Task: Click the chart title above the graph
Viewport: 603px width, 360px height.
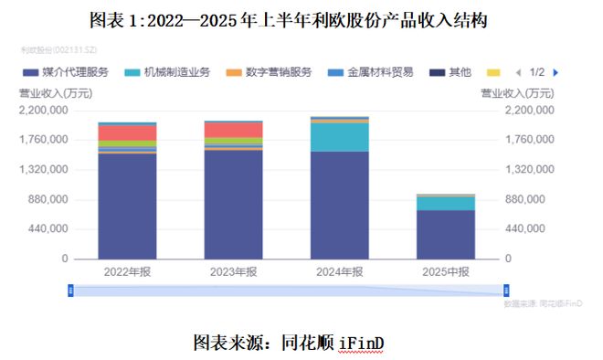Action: pos(301,20)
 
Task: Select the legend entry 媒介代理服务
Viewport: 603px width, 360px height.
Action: pos(72,71)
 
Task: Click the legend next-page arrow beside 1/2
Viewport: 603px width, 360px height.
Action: pos(555,71)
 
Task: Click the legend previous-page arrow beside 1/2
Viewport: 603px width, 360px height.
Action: pos(518,71)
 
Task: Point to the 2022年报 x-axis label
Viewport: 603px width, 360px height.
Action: pos(127,271)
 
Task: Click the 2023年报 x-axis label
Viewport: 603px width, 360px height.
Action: pos(233,271)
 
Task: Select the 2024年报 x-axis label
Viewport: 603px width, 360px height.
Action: pos(340,271)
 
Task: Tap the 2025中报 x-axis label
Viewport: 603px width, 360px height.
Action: pos(446,271)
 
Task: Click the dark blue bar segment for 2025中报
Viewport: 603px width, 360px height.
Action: pos(446,235)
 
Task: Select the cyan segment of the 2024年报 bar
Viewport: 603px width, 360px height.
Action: pos(340,137)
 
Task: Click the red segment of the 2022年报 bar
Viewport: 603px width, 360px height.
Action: pos(127,132)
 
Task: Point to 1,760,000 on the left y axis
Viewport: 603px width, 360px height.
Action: pos(42,140)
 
